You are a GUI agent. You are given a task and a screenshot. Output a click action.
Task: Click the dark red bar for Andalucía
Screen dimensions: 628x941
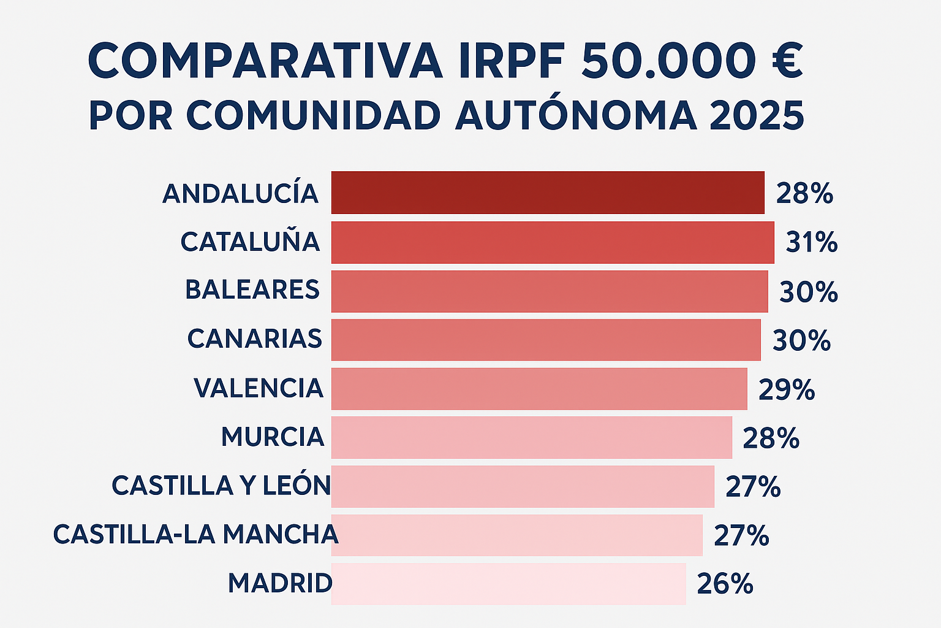pyautogui.click(x=548, y=193)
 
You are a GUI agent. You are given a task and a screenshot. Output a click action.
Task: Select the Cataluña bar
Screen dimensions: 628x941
pyautogui.click(x=553, y=242)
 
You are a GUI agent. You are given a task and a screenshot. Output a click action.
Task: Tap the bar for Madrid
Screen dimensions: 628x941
pyautogui.click(x=508, y=583)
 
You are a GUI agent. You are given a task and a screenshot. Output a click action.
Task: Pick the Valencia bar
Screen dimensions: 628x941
pyautogui.click(x=539, y=388)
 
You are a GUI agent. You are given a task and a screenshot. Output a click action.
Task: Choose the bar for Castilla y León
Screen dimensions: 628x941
pyautogui.click(x=523, y=486)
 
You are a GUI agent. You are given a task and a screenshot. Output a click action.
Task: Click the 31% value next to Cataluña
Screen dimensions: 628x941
pyautogui.click(x=811, y=242)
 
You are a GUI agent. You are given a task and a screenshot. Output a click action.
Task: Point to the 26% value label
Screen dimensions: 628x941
pyautogui.click(x=725, y=584)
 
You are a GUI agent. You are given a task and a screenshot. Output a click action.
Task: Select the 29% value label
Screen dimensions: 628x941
pyautogui.click(x=787, y=389)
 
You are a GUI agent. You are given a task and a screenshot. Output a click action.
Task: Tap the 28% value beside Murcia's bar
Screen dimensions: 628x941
pyautogui.click(x=771, y=438)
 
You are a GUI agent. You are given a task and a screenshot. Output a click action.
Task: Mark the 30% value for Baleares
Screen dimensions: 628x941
pyautogui.click(x=808, y=292)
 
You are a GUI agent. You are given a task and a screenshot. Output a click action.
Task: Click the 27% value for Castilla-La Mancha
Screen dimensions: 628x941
pyautogui.click(x=741, y=535)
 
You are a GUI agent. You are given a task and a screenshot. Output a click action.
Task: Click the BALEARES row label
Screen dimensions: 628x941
pyautogui.click(x=252, y=290)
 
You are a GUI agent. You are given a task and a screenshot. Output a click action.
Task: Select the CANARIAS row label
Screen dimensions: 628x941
pyautogui.click(x=255, y=339)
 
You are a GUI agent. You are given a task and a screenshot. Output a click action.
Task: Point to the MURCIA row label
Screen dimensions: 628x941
pyautogui.click(x=273, y=437)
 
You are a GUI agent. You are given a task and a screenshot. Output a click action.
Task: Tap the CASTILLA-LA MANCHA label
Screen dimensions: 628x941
pyautogui.click(x=195, y=534)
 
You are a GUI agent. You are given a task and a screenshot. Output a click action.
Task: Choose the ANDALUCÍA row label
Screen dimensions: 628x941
pyautogui.click(x=240, y=194)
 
